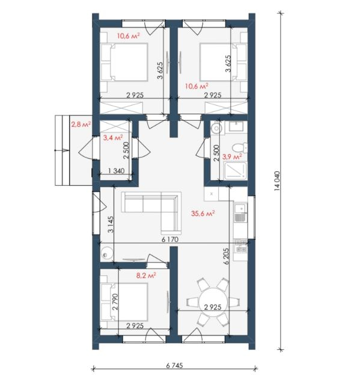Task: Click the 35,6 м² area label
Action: tap(203, 213)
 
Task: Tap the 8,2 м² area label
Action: tap(146, 275)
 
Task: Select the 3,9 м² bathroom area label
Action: tap(232, 157)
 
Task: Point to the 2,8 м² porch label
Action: tap(81, 124)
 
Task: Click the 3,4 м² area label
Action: tap(113, 138)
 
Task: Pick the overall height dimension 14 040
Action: tap(276, 181)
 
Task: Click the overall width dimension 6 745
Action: tap(174, 365)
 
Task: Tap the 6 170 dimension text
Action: tap(170, 239)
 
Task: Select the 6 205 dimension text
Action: tap(227, 256)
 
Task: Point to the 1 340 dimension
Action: tap(116, 171)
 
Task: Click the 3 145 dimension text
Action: tap(111, 225)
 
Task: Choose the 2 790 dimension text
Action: tap(115, 302)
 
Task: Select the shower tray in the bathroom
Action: tap(235, 171)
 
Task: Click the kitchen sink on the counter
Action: tap(240, 212)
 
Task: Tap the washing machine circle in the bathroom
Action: tap(216, 128)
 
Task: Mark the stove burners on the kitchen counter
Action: tap(240, 246)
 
